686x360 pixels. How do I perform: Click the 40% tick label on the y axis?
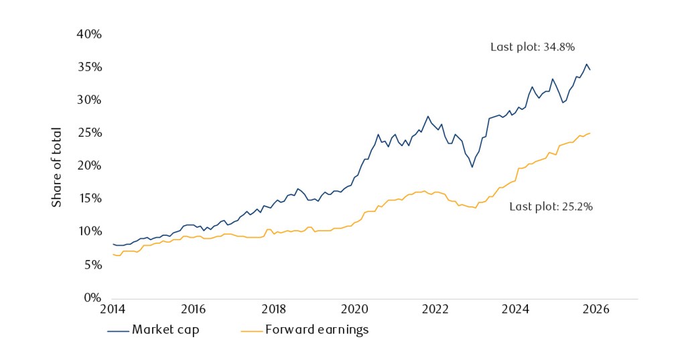88,34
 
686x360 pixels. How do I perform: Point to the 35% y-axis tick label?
88,67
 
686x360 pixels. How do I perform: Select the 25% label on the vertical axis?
88,133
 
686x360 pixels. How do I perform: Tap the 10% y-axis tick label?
88,231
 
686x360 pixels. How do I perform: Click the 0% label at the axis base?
92,297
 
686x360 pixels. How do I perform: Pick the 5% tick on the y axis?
92,265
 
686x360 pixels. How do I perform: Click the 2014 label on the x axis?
112,309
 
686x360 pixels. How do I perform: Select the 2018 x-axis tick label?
273,309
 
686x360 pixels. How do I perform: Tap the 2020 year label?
354,309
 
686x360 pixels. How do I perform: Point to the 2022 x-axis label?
435,309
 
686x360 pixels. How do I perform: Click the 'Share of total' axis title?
57,166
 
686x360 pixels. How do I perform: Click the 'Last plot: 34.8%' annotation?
533,47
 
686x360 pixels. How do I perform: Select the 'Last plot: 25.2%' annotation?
551,206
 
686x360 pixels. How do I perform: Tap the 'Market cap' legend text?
165,329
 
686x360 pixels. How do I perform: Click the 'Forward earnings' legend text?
317,329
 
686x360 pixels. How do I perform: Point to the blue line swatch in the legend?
117,330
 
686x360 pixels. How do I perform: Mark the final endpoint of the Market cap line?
590,70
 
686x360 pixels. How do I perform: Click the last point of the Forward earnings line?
590,133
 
